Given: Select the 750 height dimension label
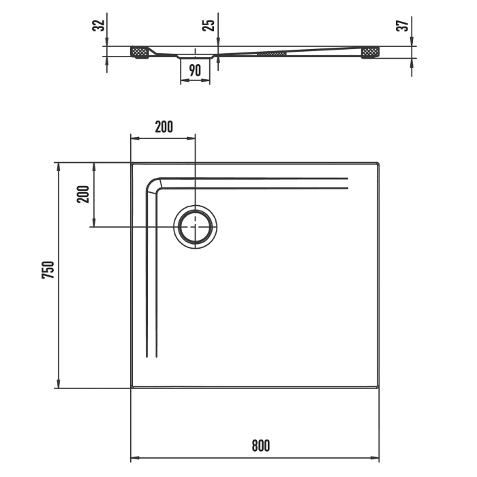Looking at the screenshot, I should point(47,271).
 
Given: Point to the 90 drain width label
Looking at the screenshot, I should point(195,70).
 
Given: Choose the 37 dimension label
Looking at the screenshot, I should point(403,26).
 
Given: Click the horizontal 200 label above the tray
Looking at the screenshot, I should point(164,126).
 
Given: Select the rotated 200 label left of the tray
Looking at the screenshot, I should point(83,195).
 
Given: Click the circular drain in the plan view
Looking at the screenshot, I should point(196,227).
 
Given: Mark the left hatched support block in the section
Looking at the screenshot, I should point(140,52).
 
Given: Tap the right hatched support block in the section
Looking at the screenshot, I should point(371,52).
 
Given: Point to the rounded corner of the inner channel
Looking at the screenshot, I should point(152,185).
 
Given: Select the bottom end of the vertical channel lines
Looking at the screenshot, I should point(152,356).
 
